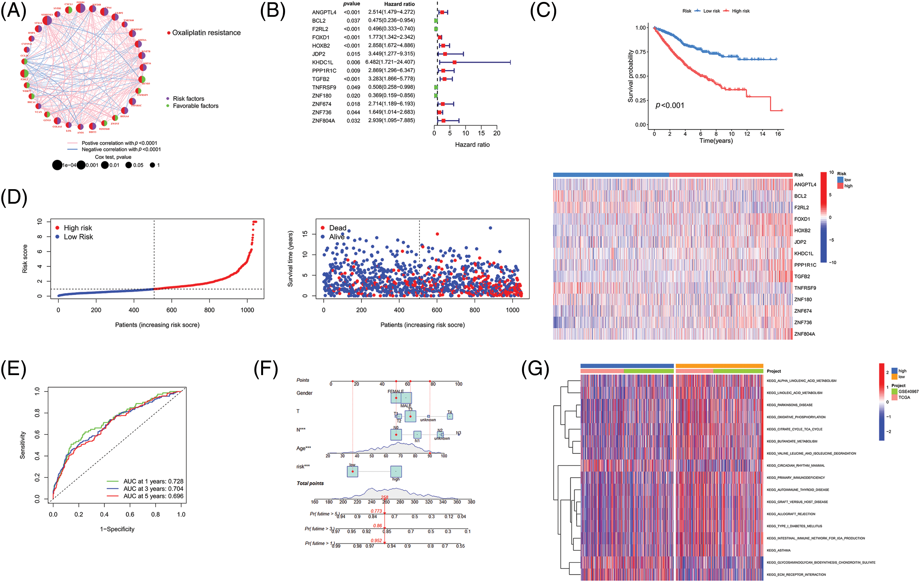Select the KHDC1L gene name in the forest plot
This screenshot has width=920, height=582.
click(322, 62)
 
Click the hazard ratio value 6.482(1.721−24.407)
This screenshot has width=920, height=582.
click(390, 62)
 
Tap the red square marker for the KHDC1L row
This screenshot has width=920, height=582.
click(454, 62)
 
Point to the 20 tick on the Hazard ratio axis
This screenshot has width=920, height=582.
click(497, 133)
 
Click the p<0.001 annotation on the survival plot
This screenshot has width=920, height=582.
click(670, 106)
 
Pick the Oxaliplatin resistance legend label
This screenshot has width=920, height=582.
click(206, 33)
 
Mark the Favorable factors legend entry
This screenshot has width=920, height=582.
click(195, 106)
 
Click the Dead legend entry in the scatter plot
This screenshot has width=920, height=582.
click(337, 228)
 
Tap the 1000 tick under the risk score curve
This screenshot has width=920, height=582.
click(247, 310)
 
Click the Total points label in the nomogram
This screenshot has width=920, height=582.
click(310, 484)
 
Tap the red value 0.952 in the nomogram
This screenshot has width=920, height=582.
click(376, 541)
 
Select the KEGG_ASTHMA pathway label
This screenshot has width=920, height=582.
click(778, 551)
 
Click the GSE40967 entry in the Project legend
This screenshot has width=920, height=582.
click(908, 392)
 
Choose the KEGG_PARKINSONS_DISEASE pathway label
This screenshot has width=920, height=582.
click(789, 405)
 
